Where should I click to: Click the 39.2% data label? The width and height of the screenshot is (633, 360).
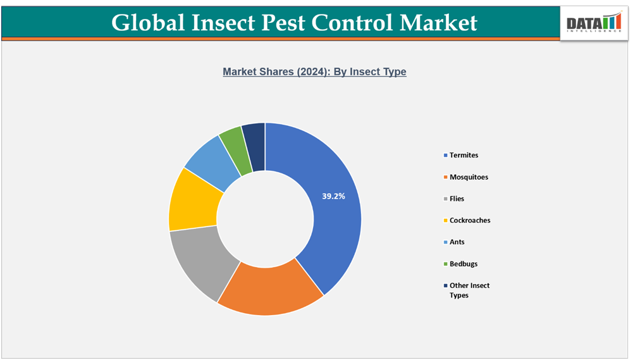[x=333, y=196]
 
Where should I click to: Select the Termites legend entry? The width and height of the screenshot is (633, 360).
[x=464, y=155]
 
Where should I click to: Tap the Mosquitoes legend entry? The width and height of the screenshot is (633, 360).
[x=469, y=177]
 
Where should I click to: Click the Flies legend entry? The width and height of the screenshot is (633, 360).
[x=457, y=199]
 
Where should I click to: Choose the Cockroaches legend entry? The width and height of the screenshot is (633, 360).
[x=470, y=220]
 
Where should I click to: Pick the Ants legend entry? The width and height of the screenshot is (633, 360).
[x=457, y=242]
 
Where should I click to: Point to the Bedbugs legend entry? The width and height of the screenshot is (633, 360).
[x=464, y=263]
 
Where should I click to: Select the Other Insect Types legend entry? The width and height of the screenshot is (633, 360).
[x=469, y=290]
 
